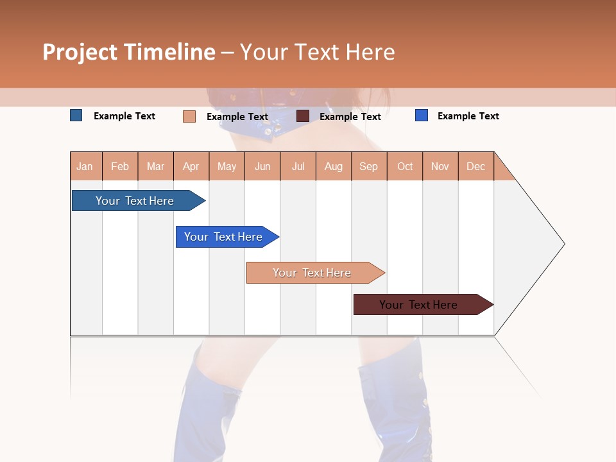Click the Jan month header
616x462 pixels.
(x=85, y=166)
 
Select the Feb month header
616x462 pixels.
(x=120, y=166)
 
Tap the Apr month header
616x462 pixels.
(x=191, y=166)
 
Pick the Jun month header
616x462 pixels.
(x=262, y=166)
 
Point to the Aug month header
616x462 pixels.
(x=334, y=166)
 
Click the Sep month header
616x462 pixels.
(x=369, y=166)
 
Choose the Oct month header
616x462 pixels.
(x=405, y=166)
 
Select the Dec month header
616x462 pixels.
(x=476, y=166)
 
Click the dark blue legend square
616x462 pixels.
(x=76, y=116)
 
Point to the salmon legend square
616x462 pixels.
(x=189, y=116)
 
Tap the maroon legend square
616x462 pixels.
(x=303, y=116)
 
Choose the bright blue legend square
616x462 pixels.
(x=422, y=116)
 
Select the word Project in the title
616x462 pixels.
(x=80, y=52)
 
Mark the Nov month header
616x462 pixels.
(x=440, y=166)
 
